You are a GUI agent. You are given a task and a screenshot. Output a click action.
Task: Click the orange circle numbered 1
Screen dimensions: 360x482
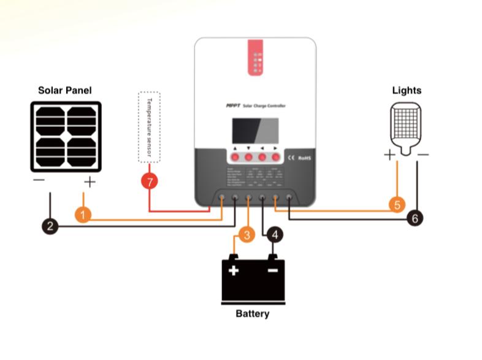click(x=83, y=215)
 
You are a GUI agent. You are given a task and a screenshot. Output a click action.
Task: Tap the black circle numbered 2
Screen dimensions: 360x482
click(x=50, y=226)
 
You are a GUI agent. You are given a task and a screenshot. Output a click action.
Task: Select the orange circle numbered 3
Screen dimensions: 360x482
click(x=245, y=235)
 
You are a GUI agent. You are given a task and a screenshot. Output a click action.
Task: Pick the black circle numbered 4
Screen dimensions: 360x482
click(x=274, y=234)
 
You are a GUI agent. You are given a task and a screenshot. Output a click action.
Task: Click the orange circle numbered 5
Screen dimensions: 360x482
click(x=397, y=205)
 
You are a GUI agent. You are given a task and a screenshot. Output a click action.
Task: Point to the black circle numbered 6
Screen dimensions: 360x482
click(x=415, y=217)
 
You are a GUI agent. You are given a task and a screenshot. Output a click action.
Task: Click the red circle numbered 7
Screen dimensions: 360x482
click(x=149, y=182)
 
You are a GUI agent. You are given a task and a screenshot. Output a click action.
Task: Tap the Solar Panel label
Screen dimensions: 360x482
click(x=65, y=91)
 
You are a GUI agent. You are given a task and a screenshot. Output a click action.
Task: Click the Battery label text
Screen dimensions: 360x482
click(x=252, y=313)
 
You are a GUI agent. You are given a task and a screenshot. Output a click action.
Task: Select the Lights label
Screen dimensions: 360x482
click(x=407, y=91)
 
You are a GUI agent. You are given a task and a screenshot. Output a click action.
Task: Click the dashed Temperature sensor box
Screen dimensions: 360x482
click(x=149, y=127)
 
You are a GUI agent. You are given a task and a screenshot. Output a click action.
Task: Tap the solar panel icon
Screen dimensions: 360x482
click(x=66, y=136)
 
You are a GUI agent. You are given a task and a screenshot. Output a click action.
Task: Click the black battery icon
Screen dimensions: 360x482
click(x=253, y=280)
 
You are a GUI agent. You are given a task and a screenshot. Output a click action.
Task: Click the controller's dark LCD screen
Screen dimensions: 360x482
click(x=254, y=131)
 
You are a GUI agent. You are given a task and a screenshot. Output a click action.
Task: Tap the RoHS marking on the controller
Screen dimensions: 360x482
click(x=305, y=157)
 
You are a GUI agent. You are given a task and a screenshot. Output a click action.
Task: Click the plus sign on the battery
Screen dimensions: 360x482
click(x=234, y=270)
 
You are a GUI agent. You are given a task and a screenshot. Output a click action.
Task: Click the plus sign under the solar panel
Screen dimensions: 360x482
click(x=90, y=182)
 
